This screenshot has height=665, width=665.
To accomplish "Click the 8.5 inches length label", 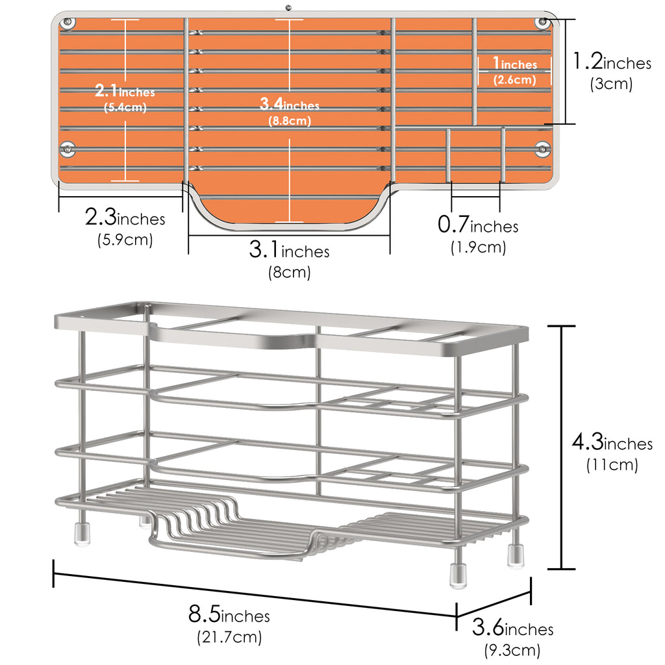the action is pyautogui.click(x=229, y=614).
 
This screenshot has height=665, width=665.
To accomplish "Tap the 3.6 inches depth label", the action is pyautogui.click(x=513, y=628).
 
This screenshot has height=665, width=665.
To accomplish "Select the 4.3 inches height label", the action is pyautogui.click(x=612, y=442).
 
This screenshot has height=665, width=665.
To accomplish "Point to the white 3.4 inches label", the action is pyautogui.click(x=289, y=104).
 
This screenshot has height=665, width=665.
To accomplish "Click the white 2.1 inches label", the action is pyautogui.click(x=125, y=90).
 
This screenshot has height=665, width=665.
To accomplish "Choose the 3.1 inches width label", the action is pyautogui.click(x=289, y=249).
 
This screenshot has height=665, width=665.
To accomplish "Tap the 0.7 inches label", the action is pyautogui.click(x=478, y=225).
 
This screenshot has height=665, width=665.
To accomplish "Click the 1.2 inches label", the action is pyautogui.click(x=612, y=62).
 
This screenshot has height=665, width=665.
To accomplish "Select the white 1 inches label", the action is pyautogui.click(x=515, y=64).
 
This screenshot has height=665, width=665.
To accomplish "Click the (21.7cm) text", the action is pyautogui.click(x=229, y=636).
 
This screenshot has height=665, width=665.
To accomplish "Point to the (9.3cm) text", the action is pyautogui.click(x=512, y=650).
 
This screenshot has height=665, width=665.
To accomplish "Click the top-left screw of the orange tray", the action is pyautogui.click(x=68, y=22).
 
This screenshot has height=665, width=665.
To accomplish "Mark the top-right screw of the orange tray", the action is pyautogui.click(x=542, y=21).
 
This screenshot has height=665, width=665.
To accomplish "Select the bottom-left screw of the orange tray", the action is pyautogui.click(x=67, y=149).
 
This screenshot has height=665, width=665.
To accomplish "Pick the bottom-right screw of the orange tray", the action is pyautogui.click(x=542, y=149).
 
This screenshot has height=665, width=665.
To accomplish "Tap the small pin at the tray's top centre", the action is pyautogui.click(x=288, y=7).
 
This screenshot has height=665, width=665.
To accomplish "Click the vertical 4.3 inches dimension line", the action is pyautogui.click(x=562, y=447).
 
